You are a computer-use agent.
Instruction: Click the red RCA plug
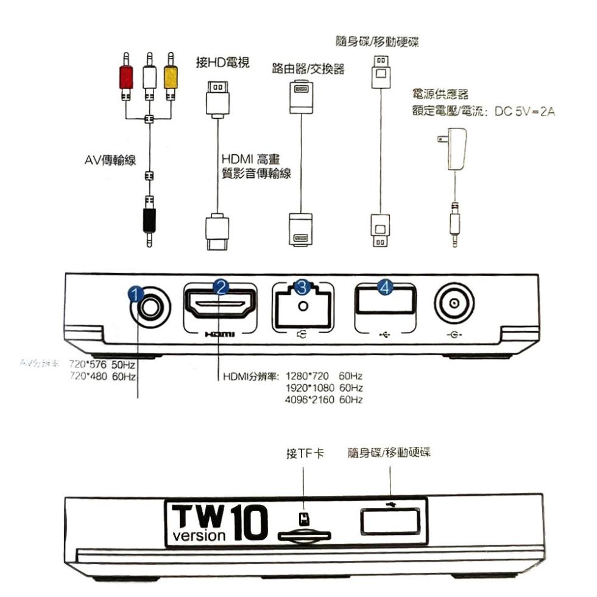click(125, 77)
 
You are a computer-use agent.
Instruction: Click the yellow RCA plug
click(171, 77)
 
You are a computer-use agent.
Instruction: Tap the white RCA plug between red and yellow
click(148, 77)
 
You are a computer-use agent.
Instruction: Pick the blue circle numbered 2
click(221, 287)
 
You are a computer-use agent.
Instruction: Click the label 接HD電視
click(222, 63)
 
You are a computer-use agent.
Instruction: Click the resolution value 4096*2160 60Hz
click(324, 400)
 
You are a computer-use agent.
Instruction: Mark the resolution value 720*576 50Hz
click(102, 364)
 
